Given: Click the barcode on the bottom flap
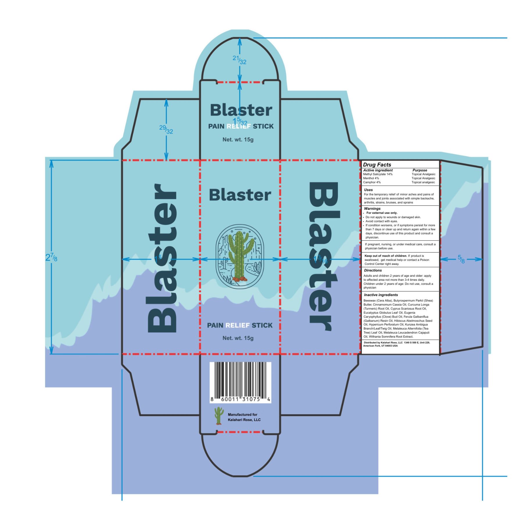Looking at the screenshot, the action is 240,382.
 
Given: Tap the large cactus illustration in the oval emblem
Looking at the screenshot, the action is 240,256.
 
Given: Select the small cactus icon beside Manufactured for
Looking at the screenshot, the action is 219,415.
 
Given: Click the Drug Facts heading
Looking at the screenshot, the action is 377,165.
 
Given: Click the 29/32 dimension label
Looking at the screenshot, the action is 166,129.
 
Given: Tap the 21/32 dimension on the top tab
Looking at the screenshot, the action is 239,60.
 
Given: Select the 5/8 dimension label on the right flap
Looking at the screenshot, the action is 461,259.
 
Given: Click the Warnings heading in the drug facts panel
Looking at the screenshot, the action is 372,209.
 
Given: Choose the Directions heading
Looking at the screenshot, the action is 373,270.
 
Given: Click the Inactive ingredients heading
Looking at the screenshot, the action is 381,295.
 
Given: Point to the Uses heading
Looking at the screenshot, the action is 368,190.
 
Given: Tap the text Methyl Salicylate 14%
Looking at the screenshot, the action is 378,174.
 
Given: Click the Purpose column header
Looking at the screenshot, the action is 420,170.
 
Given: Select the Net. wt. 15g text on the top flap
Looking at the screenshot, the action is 238,140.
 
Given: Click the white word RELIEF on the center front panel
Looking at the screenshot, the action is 237,325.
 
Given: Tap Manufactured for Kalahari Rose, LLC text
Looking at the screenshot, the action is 244,417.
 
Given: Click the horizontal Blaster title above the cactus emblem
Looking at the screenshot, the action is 240,195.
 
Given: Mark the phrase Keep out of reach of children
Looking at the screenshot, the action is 386,256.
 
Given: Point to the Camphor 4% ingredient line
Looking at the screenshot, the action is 372,182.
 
